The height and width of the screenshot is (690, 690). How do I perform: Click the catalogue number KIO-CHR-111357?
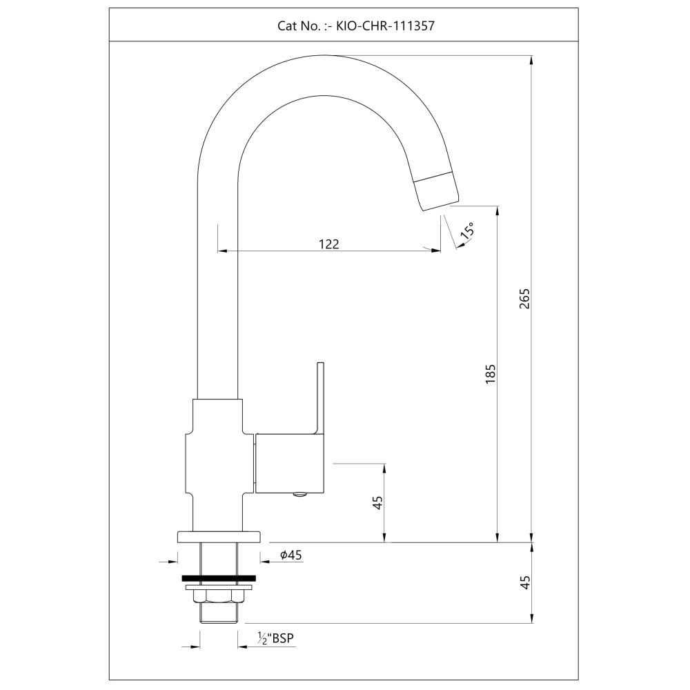385,26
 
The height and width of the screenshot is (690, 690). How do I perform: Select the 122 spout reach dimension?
329,244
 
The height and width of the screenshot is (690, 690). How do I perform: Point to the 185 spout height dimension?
491,374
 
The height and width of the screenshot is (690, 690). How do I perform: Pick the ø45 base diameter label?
291,555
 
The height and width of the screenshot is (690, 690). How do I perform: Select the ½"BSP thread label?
275,638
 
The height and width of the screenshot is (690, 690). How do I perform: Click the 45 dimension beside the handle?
377,502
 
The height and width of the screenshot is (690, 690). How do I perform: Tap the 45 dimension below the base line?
525,582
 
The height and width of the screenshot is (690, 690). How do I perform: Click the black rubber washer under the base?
219,579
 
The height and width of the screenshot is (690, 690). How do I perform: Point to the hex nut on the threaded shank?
219,596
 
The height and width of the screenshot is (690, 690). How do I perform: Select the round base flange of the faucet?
219,537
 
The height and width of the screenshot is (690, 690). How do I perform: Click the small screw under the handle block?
301,495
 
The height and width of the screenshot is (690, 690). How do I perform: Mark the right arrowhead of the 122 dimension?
435,251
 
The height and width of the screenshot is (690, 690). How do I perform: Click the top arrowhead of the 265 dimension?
531,60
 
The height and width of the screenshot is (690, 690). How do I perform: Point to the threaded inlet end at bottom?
219,613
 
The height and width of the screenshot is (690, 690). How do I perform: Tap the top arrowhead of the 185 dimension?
497,211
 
